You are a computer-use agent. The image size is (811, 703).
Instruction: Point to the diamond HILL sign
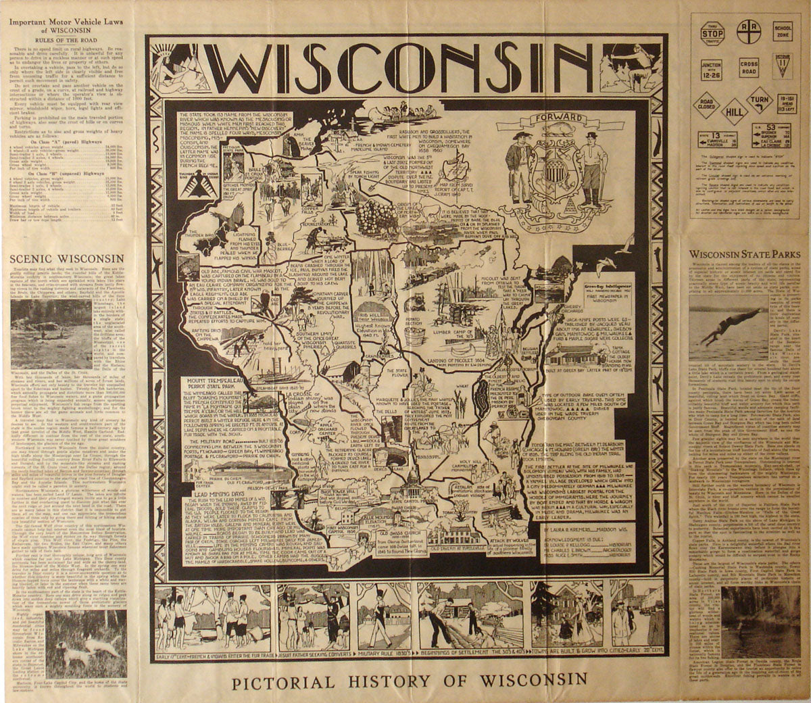click(x=734, y=110)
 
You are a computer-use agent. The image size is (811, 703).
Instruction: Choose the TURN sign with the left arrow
click(x=762, y=100)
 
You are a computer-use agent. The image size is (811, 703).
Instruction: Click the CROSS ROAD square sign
click(x=748, y=68)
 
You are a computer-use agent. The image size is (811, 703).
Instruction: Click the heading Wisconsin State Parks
click(x=744, y=254)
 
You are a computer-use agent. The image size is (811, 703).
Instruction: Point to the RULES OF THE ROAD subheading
click(x=65, y=38)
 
